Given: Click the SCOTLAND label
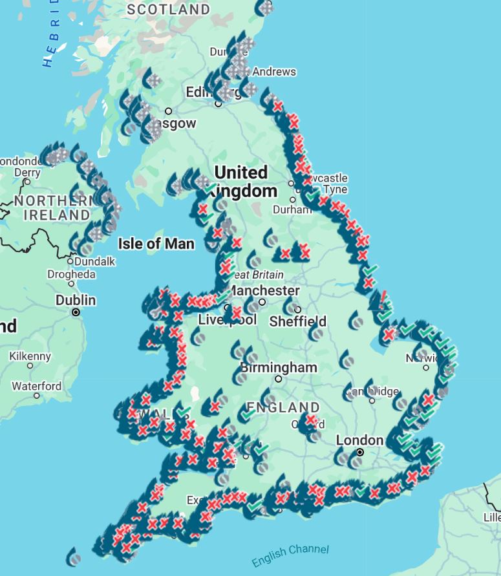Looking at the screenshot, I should point(168,10).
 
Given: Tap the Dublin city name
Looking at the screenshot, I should point(76,301).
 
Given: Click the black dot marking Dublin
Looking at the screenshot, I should point(76,312).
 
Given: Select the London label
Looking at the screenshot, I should point(359,440).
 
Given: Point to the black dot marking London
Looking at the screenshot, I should point(360,453).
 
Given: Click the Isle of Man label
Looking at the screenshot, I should point(156,244).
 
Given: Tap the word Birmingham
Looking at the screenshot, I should point(279,368).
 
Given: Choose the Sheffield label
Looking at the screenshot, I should point(298,321).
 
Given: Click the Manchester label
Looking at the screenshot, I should point(264,291).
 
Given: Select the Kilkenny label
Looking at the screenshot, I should point(30,356).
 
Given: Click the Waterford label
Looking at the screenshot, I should point(37,387).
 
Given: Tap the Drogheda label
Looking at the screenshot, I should point(71,275).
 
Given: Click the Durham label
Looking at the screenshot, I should point(292,209).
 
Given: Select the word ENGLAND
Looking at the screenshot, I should point(282,408).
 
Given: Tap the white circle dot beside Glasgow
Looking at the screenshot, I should point(168,111).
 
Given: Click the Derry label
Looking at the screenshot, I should point(27,173).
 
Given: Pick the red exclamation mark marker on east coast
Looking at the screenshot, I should point(385,297).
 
